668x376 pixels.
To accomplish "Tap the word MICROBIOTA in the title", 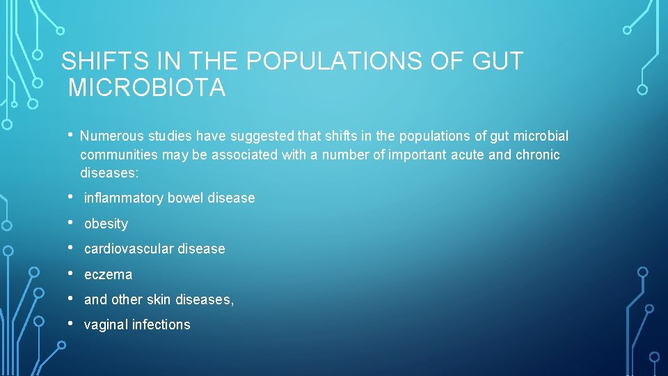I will coord(147,88).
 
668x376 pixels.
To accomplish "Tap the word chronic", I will coord(537,155).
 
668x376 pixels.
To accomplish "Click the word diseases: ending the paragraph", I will coord(109,173).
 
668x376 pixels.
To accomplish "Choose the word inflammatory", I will coord(122,198).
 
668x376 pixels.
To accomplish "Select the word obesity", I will coord(106,224).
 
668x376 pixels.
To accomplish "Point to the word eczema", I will coord(108,274).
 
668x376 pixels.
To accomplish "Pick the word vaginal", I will coord(106,325).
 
